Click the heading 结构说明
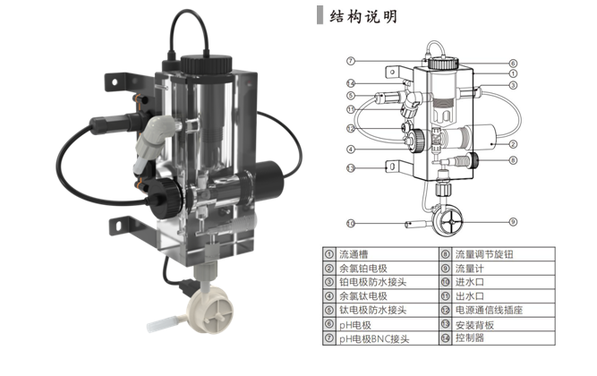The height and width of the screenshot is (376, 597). click(362, 17)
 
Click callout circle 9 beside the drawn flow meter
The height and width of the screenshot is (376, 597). click(513, 221)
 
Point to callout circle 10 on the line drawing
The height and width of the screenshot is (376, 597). click(352, 221)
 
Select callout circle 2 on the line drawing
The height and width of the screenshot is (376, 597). click(514, 143)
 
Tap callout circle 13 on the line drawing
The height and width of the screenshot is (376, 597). click(352, 167)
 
